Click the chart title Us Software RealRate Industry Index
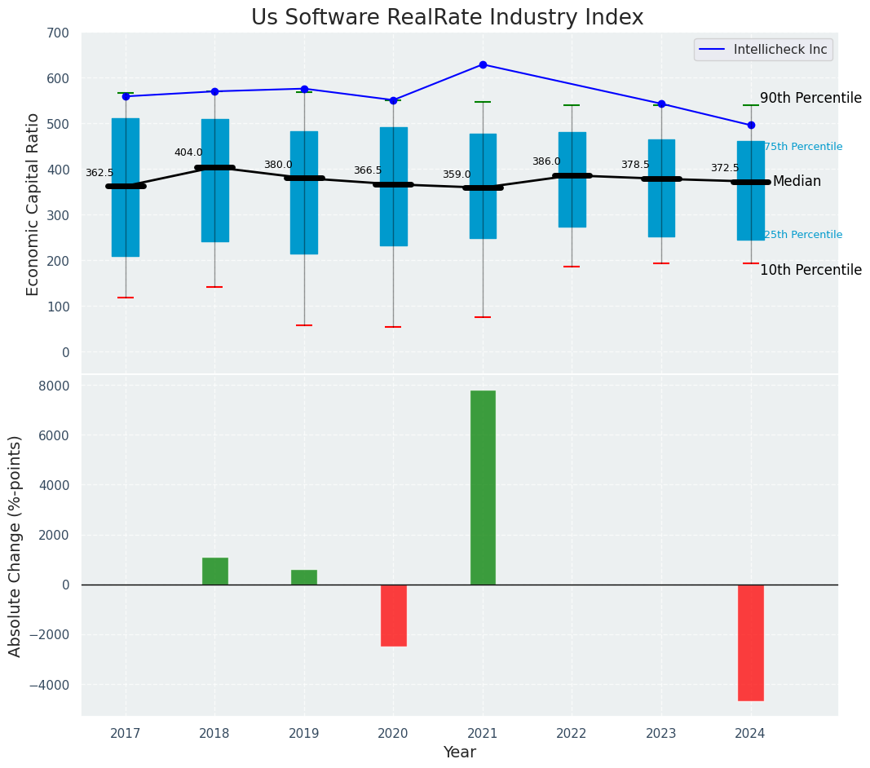(447, 18)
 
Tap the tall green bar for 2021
(483, 488)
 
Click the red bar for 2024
(750, 642)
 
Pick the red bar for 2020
(393, 615)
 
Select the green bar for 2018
(215, 571)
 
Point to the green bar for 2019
(304, 577)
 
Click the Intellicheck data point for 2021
(483, 64)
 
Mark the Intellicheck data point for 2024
(751, 126)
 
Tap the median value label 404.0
(188, 152)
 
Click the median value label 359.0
(457, 174)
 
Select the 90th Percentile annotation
(810, 99)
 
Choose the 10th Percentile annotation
(810, 270)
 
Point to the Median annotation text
(797, 182)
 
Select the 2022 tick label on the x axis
(572, 734)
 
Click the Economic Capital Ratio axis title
(33, 204)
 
